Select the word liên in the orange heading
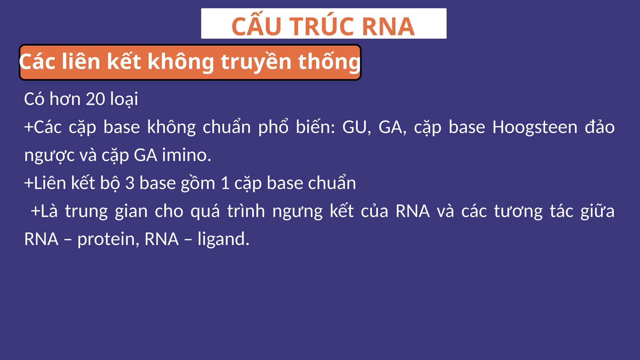81,62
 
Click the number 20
95,99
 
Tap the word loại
124,100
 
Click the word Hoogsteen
535,127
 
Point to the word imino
186,155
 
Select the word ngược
49,156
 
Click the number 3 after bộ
130,183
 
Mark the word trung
86,211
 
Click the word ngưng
297,212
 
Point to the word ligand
223,239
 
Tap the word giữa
597,211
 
